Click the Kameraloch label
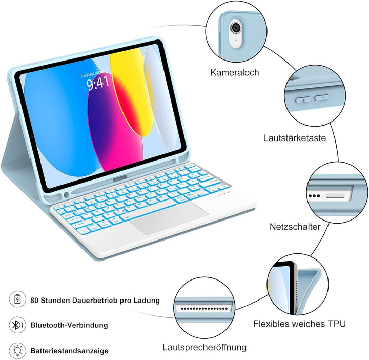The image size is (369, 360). click(235, 72)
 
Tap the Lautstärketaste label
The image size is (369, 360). click(295, 138)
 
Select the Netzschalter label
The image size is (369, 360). click(295, 227)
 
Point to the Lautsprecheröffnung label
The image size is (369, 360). click(204, 348)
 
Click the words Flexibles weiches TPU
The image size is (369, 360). click(300, 324)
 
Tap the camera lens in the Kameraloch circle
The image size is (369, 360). click(236, 27)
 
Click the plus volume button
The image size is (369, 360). click(303, 100)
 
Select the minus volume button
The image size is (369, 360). click(322, 97)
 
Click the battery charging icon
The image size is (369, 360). click(17, 299)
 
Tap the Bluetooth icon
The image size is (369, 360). click(17, 325)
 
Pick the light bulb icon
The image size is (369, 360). click(17, 351)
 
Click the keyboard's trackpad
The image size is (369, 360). click(170, 218)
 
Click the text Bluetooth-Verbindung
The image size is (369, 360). click(69, 325)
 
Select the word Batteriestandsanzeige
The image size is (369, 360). click(69, 351)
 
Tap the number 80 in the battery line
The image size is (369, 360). click(34, 301)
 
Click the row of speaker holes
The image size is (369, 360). click(204, 309)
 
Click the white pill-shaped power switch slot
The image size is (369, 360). click(335, 196)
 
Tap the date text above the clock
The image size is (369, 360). click(95, 73)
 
